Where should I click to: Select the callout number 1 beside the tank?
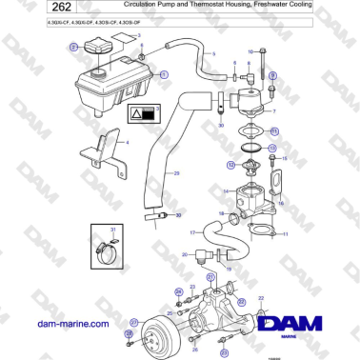163,73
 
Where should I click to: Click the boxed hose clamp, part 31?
106,250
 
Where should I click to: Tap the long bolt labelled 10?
260,65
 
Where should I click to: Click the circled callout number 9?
273,74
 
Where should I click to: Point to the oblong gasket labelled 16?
276,183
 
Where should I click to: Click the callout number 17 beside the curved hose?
192,232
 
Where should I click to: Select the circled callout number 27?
133,321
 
